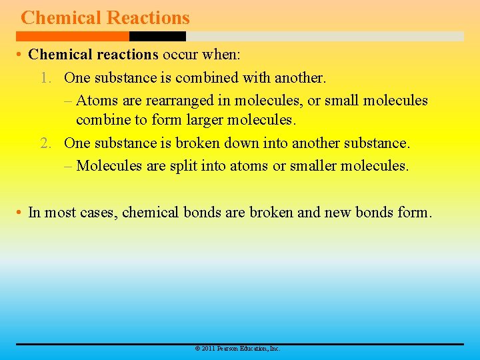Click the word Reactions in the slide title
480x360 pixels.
[x=149, y=18]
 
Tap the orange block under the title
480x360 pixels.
[x=73, y=36]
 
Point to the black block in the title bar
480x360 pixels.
[x=157, y=36]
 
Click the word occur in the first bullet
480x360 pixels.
[x=180, y=54]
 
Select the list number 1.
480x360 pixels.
[x=45, y=78]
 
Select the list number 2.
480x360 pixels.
[x=45, y=143]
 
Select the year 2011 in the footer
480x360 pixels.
[x=208, y=349]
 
